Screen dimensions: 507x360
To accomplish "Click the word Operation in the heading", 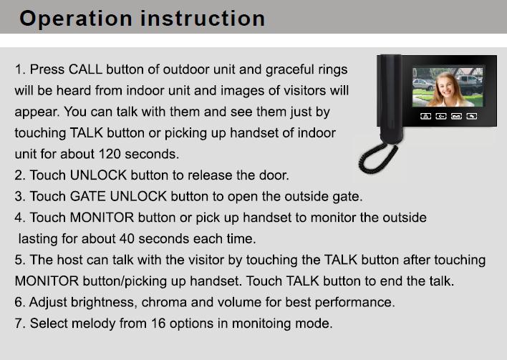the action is click(76, 19).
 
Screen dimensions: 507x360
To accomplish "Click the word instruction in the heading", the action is click(203, 18).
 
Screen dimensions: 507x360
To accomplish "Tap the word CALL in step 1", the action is click(85, 69).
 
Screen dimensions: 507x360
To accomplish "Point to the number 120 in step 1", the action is click(110, 154).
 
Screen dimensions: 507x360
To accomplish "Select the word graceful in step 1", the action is click(290, 70).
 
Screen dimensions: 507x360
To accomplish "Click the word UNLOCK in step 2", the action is click(98, 175).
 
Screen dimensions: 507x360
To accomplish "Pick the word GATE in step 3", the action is click(87, 197).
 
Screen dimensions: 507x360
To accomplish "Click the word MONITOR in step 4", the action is click(102, 218).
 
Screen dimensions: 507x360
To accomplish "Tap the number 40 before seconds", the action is click(127, 239).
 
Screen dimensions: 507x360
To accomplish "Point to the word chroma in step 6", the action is click(164, 303).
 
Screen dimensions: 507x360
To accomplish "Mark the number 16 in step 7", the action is click(158, 323).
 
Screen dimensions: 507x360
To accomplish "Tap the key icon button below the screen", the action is click(441, 116).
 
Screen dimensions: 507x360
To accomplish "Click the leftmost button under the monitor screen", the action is click(425, 116).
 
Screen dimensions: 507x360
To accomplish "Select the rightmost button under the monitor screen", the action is click(472, 116).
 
